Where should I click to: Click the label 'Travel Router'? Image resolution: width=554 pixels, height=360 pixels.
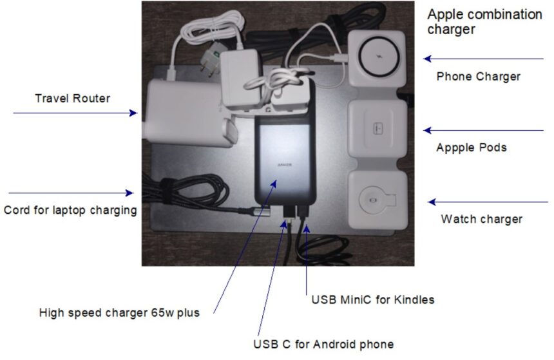[72, 99]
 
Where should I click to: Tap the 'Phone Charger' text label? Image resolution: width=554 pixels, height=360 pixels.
[478, 77]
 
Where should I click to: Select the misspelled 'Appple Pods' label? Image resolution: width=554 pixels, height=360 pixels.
[471, 147]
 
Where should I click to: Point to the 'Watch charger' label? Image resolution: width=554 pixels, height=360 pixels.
[481, 219]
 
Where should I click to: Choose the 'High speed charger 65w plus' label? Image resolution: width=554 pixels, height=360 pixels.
[119, 313]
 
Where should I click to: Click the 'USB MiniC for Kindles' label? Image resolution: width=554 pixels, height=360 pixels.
[373, 299]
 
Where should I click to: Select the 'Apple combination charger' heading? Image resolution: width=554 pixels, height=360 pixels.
[484, 21]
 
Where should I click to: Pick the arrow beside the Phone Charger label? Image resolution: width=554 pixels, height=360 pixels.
[483, 59]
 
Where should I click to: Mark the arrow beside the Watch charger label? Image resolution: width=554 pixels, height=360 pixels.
[487, 202]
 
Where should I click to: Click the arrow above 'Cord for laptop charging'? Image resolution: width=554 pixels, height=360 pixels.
[71, 193]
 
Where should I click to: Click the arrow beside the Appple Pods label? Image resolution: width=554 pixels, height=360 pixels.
[483, 131]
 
